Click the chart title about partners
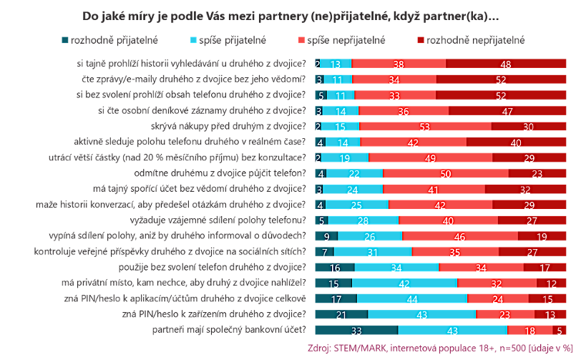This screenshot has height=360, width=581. click(x=290, y=15)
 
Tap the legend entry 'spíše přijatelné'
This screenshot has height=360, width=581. click(x=230, y=40)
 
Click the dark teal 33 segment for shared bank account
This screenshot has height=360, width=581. click(x=356, y=330)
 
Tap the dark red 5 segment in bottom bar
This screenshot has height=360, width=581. click(x=559, y=330)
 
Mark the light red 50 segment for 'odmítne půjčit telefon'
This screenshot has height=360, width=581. click(x=445, y=173)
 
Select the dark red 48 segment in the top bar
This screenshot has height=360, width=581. click(x=505, y=64)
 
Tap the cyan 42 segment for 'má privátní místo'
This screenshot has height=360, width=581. click(x=405, y=283)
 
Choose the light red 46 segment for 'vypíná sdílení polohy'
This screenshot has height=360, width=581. click(x=459, y=235)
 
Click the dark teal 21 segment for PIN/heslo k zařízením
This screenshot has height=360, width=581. click(x=341, y=314)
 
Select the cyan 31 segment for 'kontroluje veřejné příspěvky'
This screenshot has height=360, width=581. click(x=373, y=251)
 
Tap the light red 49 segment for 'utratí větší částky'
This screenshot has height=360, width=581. click(x=430, y=157)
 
